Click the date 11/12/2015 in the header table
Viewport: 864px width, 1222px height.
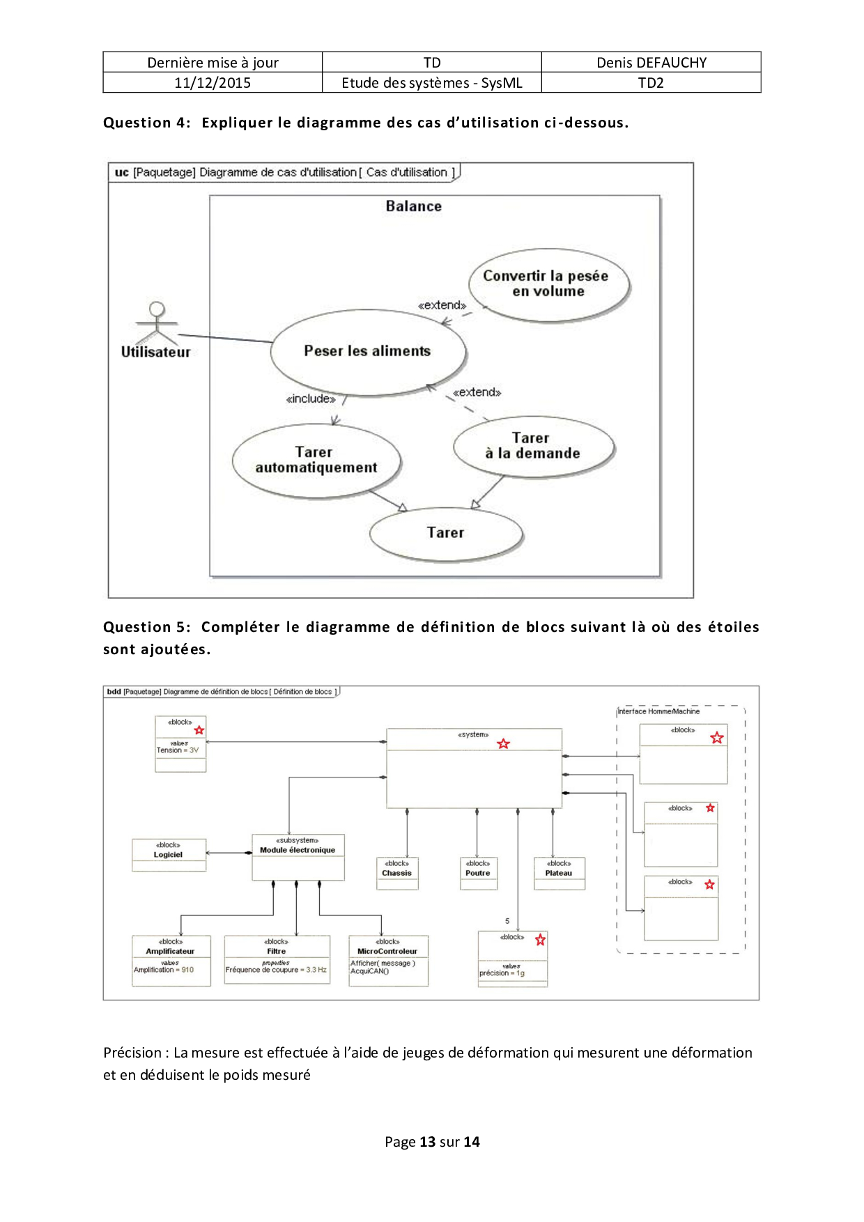click(x=213, y=83)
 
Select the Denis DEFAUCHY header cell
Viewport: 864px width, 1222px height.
click(x=651, y=63)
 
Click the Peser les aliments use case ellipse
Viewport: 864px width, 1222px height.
click(x=368, y=352)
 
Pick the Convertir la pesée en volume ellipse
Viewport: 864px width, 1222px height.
click(x=548, y=284)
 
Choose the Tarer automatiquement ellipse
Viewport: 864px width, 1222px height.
click(x=316, y=461)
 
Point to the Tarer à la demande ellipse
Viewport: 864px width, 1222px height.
click(x=533, y=446)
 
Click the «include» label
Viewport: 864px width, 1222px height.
click(x=311, y=399)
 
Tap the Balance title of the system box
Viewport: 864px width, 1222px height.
click(x=413, y=206)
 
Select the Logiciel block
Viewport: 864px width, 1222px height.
click(x=169, y=854)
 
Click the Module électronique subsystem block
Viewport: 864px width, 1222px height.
click(x=298, y=857)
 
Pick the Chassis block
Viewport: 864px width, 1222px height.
click(x=397, y=873)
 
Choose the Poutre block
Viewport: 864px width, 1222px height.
click(x=478, y=873)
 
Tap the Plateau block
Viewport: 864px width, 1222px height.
click(x=559, y=873)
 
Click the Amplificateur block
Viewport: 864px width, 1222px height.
click(x=171, y=959)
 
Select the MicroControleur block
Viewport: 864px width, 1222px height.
click(x=387, y=959)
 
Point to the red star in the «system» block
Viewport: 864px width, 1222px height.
click(x=503, y=744)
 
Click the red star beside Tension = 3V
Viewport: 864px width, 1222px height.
click(x=199, y=730)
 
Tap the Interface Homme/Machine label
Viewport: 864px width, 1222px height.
click(x=658, y=711)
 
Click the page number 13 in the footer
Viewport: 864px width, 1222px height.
click(x=427, y=1142)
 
